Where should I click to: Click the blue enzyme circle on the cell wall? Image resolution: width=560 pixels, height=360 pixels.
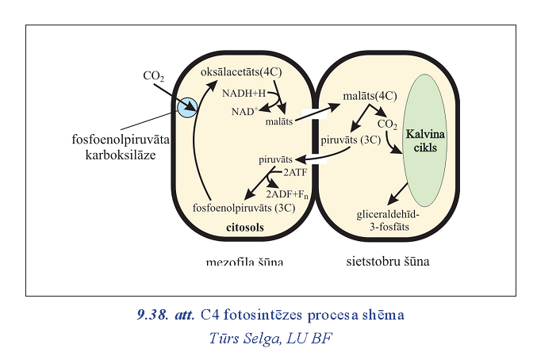[186, 108]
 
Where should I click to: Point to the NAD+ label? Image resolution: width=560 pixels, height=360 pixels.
[244, 112]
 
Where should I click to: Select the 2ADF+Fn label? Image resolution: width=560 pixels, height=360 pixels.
[290, 193]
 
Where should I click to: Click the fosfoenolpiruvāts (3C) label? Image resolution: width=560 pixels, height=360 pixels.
[244, 209]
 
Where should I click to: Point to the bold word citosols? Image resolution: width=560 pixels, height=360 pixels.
[243, 228]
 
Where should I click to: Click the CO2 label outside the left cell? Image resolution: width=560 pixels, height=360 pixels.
[153, 77]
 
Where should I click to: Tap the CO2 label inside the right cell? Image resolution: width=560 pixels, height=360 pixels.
[387, 124]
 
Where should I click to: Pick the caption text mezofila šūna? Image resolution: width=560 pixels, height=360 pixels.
[243, 261]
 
